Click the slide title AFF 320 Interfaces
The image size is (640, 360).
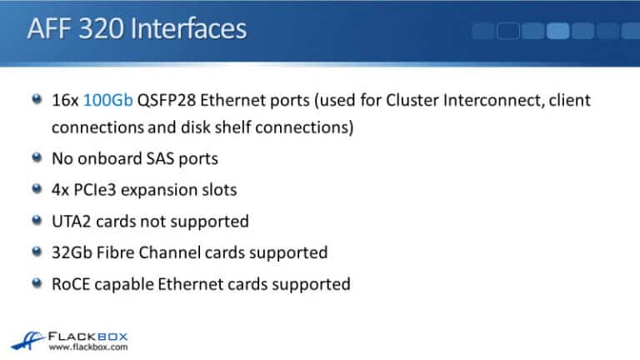click(137, 30)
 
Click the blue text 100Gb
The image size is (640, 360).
click(108, 101)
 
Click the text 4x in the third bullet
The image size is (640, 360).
click(61, 189)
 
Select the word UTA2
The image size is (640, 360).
click(71, 221)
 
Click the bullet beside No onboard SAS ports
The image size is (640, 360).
click(36, 157)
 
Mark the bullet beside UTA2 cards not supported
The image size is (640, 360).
click(36, 220)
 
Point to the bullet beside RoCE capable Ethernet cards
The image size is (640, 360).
click(36, 283)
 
